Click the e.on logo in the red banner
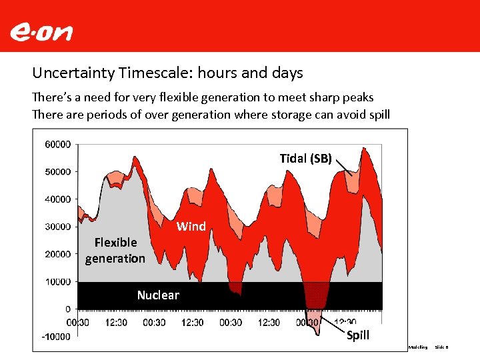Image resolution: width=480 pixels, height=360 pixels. (x=41, y=31)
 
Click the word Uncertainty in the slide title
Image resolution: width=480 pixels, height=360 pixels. (x=72, y=73)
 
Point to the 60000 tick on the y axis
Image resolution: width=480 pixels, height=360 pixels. (x=58, y=144)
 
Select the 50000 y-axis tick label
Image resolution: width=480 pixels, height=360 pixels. (x=58, y=171)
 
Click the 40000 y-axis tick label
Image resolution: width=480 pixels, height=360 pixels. (x=58, y=199)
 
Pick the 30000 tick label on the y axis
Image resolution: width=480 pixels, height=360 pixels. (x=58, y=227)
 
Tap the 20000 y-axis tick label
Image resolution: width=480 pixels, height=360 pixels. (x=58, y=254)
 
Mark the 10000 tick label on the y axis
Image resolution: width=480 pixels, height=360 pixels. (x=58, y=281)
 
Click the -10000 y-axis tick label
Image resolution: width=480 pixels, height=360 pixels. (x=57, y=337)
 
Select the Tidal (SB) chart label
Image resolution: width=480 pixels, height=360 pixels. (x=305, y=158)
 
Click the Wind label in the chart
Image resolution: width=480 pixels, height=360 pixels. (x=191, y=227)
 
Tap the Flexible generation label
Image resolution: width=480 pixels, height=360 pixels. (x=115, y=250)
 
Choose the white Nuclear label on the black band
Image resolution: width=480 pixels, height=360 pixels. (x=158, y=295)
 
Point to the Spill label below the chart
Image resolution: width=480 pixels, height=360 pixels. (x=358, y=335)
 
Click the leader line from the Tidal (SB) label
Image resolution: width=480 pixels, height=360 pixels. (x=343, y=166)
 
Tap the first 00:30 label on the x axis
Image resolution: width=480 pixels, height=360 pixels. (x=79, y=323)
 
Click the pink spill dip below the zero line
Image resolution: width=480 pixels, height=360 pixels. (x=313, y=318)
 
